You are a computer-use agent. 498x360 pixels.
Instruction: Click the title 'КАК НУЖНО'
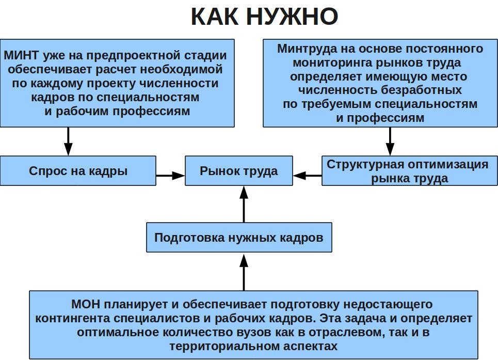[264, 17]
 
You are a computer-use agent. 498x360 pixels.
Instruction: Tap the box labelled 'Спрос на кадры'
[78, 171]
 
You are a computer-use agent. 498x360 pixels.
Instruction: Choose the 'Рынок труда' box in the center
[239, 171]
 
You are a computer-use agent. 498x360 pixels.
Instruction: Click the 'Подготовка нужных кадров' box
[239, 238]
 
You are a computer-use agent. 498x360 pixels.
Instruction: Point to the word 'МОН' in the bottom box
[85, 304]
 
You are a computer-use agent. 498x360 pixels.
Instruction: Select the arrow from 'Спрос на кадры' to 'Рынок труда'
[170, 176]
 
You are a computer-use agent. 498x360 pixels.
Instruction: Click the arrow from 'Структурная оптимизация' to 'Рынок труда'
[308, 176]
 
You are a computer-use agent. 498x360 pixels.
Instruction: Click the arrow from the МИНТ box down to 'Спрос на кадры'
[68, 141]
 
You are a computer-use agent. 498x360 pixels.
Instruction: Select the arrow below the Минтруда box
[390, 141]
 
